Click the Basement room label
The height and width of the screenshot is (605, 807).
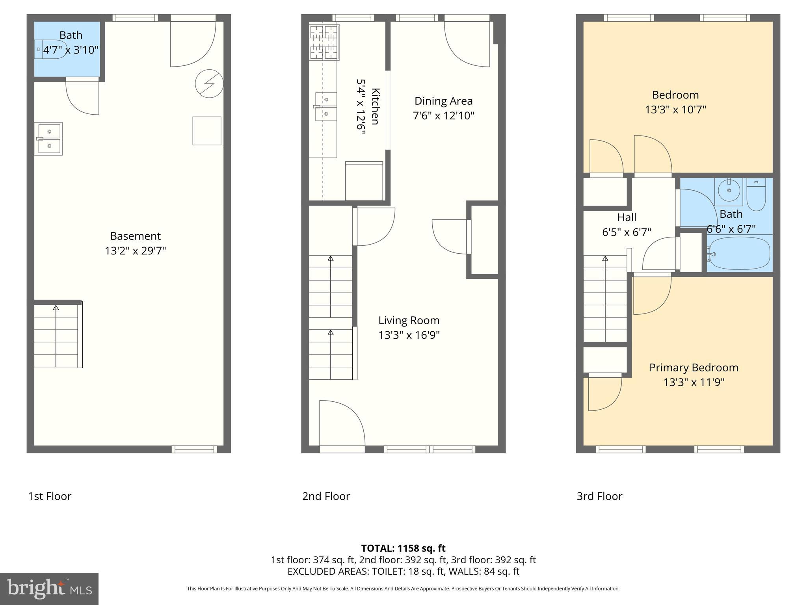[135, 236]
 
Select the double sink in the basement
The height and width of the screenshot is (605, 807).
[48, 139]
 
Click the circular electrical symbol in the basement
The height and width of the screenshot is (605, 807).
[209, 84]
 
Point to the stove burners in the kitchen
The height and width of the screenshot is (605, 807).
[324, 42]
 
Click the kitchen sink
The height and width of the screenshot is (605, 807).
[326, 107]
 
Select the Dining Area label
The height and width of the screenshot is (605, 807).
[443, 101]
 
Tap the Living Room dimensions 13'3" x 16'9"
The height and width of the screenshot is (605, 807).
[409, 335]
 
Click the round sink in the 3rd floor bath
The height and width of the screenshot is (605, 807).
[729, 191]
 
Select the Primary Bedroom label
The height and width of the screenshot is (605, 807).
[694, 368]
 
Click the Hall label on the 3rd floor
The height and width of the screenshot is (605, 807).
[627, 217]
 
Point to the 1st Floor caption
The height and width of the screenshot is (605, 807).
[50, 496]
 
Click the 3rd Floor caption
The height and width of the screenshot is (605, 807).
[599, 496]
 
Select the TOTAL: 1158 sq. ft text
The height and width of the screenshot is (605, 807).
[403, 548]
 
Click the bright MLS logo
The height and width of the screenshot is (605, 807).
[49, 588]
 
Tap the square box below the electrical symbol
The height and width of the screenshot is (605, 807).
[206, 131]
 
